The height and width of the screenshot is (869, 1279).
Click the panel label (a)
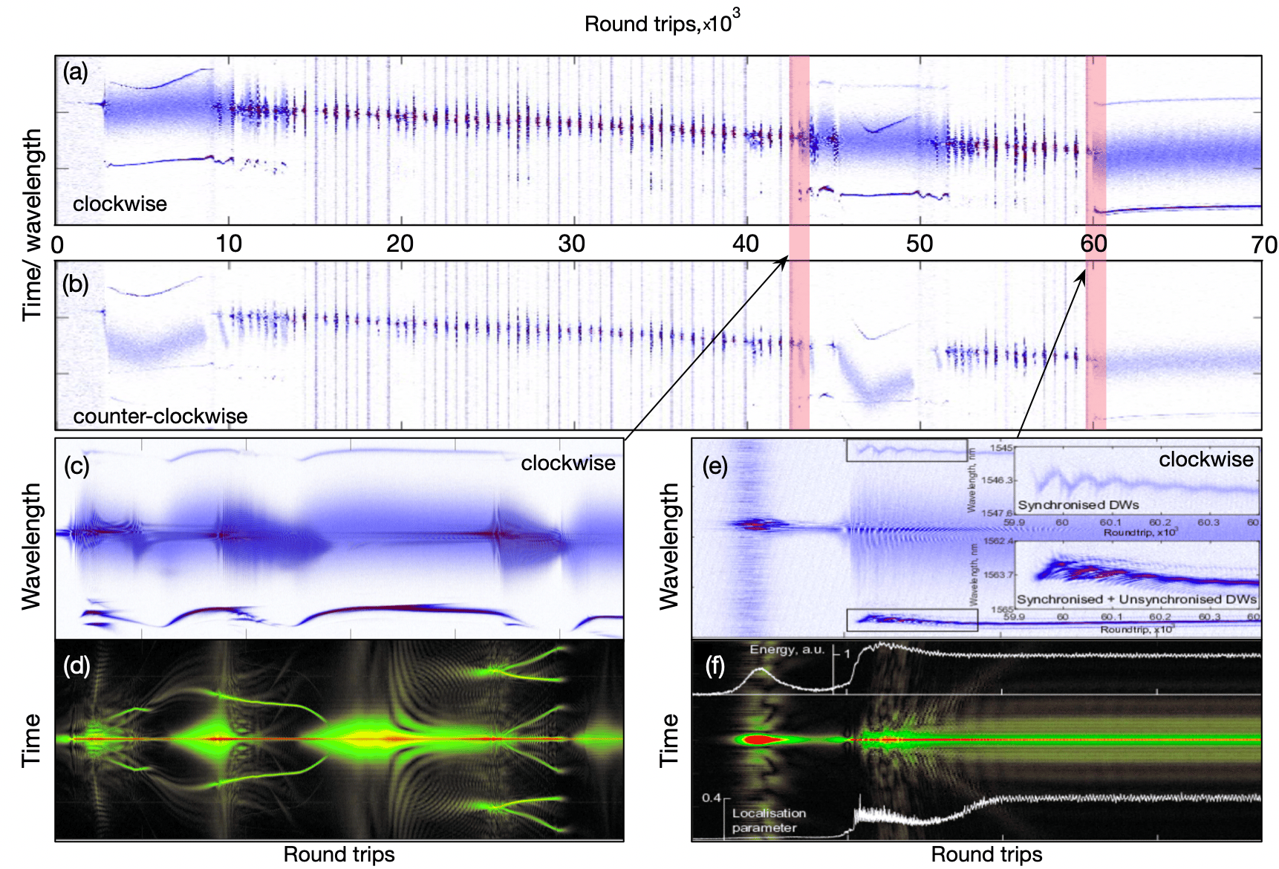[75, 72]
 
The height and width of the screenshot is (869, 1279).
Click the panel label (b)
[76, 284]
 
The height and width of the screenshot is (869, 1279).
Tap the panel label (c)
[77, 466]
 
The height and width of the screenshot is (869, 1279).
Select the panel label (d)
[77, 665]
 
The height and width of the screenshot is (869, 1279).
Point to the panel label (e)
[715, 466]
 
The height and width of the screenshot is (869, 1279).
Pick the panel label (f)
[715, 665]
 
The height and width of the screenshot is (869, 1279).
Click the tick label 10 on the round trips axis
[229, 244]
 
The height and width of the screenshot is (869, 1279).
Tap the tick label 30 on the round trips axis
[572, 244]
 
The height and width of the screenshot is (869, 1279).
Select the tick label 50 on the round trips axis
[920, 244]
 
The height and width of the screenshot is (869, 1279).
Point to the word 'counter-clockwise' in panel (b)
[160, 416]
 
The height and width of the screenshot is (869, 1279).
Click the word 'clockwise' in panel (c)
[567, 463]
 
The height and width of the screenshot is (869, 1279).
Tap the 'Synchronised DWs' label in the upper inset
[1078, 505]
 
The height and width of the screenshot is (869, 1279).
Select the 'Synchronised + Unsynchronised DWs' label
[1136, 599]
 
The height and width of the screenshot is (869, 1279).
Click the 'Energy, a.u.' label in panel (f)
[787, 649]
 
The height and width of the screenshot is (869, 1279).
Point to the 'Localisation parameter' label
[768, 821]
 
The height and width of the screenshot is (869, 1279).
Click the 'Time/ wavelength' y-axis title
[31, 224]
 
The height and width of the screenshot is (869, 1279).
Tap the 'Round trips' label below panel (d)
[339, 855]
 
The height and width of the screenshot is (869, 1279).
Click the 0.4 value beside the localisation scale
[711, 798]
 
